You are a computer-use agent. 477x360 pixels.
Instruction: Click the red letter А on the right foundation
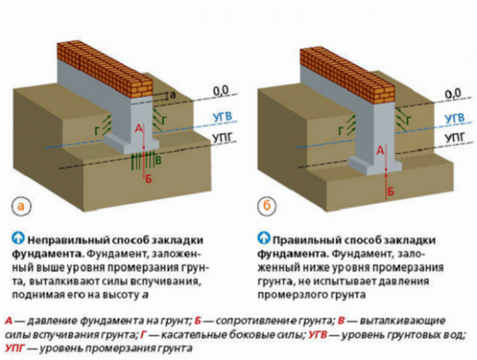tap(380, 149)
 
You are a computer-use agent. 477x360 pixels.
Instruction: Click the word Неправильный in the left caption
tap(67, 239)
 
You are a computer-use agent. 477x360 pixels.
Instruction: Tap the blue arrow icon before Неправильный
tap(17, 238)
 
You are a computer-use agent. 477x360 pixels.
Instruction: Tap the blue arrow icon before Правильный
tap(263, 238)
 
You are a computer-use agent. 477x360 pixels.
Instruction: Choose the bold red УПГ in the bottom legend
tap(17, 349)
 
